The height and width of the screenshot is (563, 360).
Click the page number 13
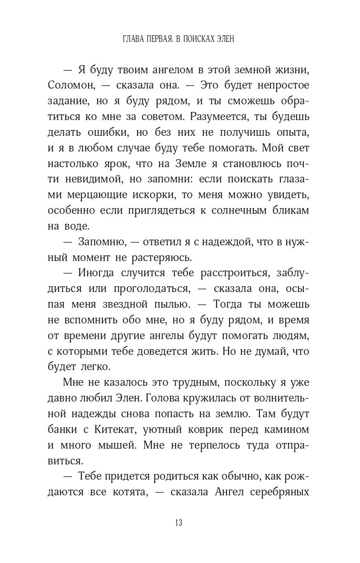coord(179,523)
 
